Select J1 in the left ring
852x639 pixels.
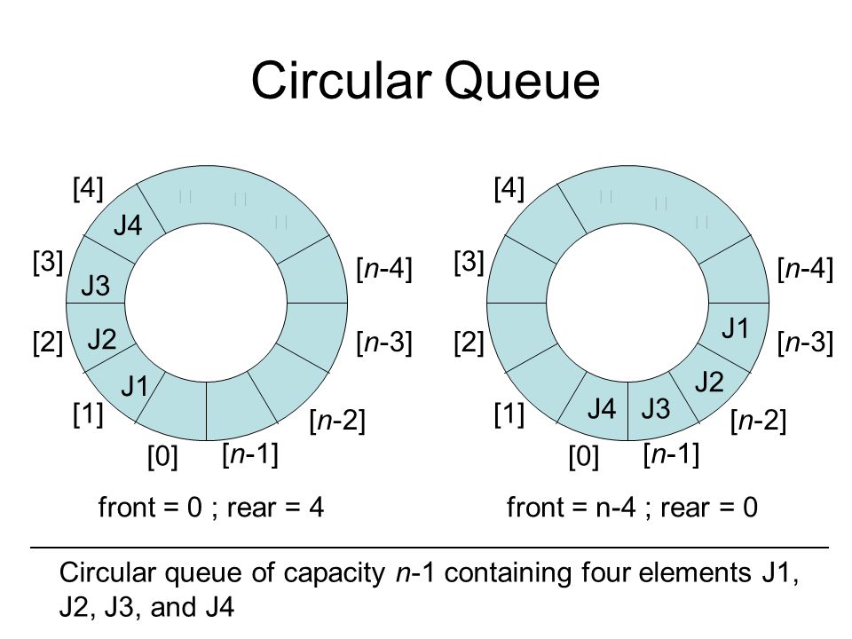pos(135,386)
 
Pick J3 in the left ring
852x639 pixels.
pos(96,286)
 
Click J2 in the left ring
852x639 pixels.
pos(103,338)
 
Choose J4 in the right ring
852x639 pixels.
pos(602,409)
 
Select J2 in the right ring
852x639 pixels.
pos(708,383)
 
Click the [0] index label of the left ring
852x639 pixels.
pos(162,459)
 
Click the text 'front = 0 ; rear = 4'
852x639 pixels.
pos(211,508)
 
